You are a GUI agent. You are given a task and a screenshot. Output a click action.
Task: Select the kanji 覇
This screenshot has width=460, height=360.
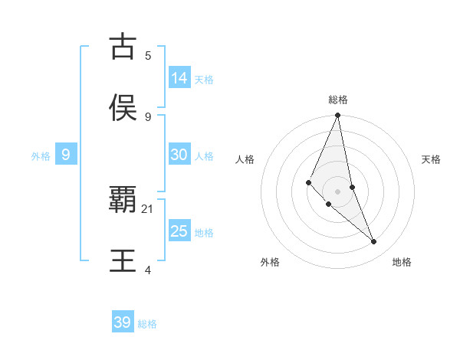coord(123,200)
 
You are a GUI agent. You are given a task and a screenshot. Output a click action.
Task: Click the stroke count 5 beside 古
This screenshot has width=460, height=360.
coord(148,55)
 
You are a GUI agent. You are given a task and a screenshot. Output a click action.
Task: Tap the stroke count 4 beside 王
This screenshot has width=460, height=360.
coord(148,270)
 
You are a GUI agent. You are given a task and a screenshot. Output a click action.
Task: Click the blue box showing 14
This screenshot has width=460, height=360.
coord(179,78)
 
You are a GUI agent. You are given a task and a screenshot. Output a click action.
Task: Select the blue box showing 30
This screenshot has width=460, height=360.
coord(179,155)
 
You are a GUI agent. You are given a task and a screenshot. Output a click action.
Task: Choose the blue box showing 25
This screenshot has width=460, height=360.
coord(179,231)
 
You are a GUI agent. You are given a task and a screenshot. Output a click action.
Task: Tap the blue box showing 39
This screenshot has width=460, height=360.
coord(123,322)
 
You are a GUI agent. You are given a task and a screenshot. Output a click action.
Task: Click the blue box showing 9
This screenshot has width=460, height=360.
coord(66,155)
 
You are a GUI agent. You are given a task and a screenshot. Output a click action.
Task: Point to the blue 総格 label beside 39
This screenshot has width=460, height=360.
coord(147,324)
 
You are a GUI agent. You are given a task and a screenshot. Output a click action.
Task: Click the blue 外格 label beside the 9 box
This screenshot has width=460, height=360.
coord(41,156)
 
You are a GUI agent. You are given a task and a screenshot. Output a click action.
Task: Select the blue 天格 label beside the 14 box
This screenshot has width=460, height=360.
coord(204,80)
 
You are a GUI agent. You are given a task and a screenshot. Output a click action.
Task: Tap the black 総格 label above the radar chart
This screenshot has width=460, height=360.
coord(337,100)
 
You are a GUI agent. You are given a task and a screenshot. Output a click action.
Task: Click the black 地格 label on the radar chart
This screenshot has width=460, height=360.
coord(402,262)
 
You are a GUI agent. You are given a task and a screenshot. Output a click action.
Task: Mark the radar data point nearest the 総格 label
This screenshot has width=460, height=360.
coord(337,116)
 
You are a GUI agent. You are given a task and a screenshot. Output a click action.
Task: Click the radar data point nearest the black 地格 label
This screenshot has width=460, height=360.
coord(374,242)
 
